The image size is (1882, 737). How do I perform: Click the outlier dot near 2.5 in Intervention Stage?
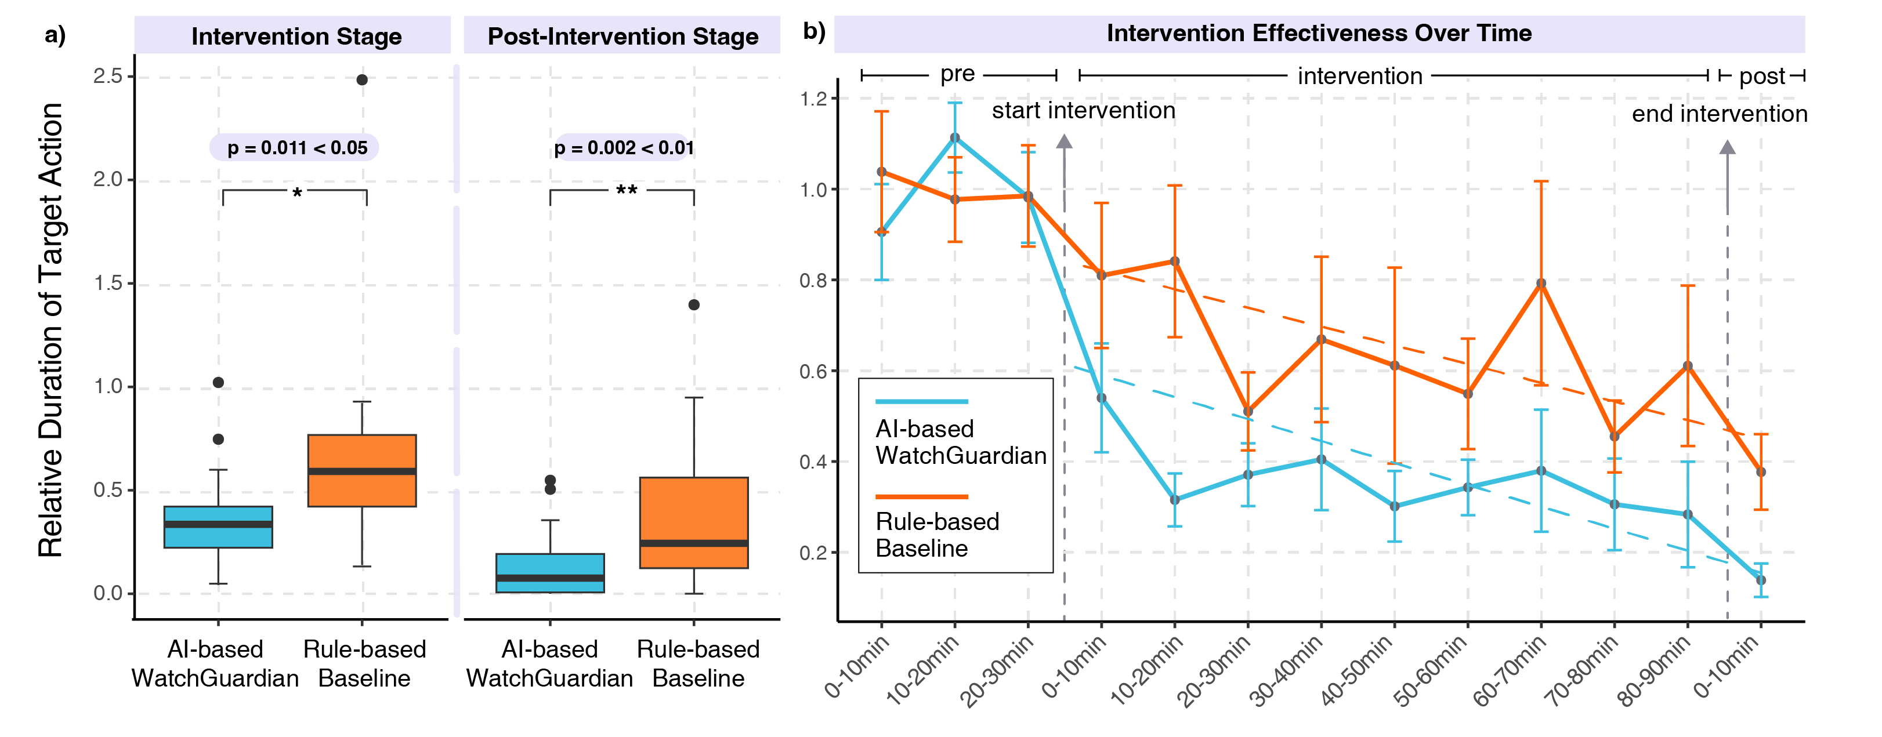click(x=361, y=79)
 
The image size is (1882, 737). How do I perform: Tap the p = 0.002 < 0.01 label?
click(x=623, y=147)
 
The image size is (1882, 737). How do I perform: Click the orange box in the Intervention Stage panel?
click(x=361, y=470)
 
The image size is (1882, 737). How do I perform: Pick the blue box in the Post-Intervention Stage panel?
click(x=550, y=573)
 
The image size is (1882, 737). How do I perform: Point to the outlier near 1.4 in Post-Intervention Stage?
click(x=693, y=304)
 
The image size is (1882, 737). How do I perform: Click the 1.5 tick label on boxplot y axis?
click(x=108, y=284)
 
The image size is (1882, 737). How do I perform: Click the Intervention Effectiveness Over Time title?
click(x=1318, y=34)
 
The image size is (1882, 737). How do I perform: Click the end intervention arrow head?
click(x=1727, y=147)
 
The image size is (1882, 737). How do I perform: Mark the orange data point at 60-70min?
click(x=1541, y=284)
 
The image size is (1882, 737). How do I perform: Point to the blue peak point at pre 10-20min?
click(x=955, y=137)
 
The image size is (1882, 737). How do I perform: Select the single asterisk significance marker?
click(x=296, y=194)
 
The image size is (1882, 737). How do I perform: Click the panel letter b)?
click(x=813, y=31)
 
